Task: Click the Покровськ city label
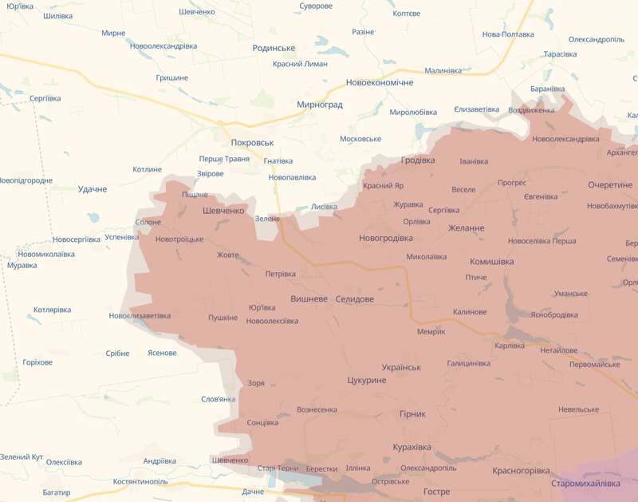coord(252,142)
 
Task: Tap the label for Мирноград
coord(319,105)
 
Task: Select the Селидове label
coord(354,299)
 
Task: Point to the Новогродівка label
coord(386,238)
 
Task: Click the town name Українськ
coord(401,367)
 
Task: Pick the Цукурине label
coord(367,381)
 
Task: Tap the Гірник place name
coord(412,414)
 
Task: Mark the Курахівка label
coord(412,447)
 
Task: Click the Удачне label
coord(93,189)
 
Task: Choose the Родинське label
coord(274,48)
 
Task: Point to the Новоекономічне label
coord(380,83)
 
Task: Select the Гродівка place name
coord(418,160)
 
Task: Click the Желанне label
coord(466,228)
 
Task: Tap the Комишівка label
coord(491,261)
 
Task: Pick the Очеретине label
coord(610,184)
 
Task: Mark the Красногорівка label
coord(521,471)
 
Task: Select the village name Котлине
coord(147,169)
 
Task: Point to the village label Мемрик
coord(431,331)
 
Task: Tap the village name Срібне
coord(117,354)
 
